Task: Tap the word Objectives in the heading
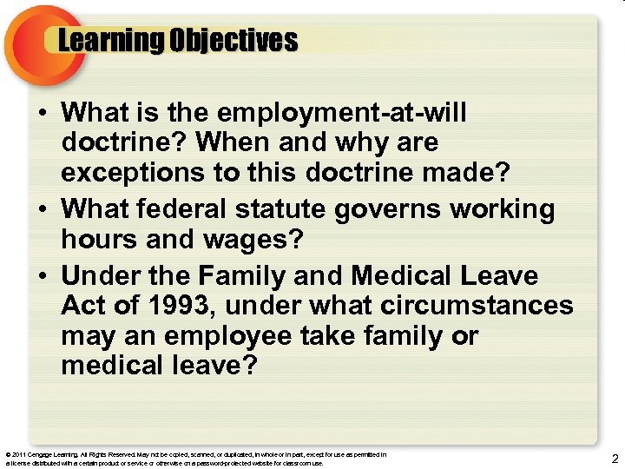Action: [234, 41]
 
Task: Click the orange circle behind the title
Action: [30, 43]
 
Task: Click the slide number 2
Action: [615, 458]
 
